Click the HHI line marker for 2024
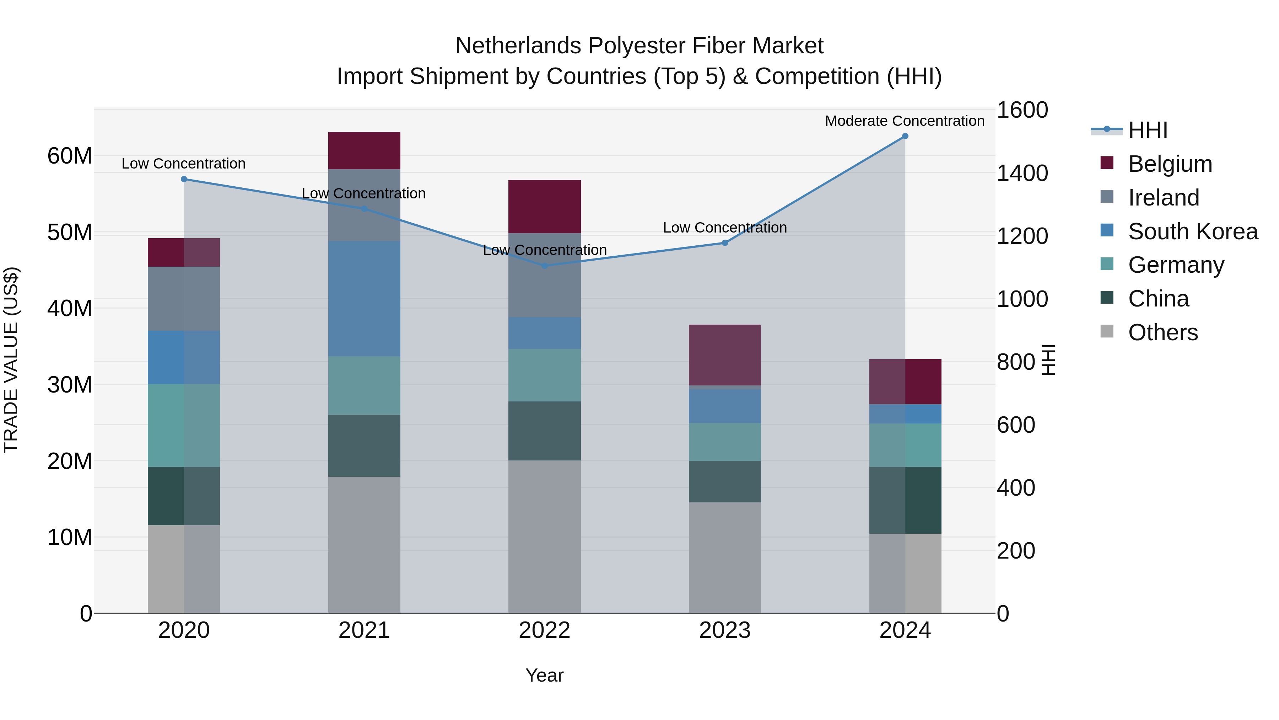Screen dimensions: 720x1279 [905, 136]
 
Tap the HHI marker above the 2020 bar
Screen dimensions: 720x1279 [184, 179]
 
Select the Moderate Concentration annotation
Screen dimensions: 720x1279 [904, 121]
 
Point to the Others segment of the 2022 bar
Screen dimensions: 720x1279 [544, 537]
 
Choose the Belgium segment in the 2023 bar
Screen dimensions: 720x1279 [724, 355]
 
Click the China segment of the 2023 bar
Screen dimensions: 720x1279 [724, 481]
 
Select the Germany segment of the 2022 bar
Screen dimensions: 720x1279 [544, 375]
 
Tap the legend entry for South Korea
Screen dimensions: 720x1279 [1193, 231]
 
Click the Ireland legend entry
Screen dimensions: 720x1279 [1163, 197]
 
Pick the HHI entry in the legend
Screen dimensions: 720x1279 [1148, 130]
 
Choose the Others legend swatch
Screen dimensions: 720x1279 [1107, 331]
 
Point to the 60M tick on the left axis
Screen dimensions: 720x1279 [70, 156]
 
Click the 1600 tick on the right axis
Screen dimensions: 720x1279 [1022, 110]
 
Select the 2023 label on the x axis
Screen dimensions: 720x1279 [724, 630]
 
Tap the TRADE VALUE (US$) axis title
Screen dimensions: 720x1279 [11, 360]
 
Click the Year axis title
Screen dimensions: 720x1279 [544, 675]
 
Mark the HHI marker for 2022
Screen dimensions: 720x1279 [544, 266]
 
